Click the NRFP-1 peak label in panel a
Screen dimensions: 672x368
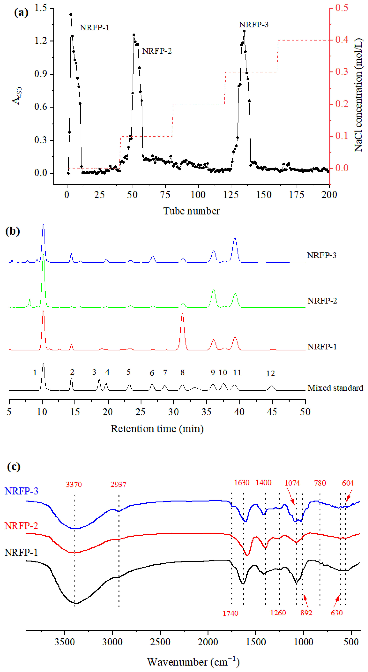pos(94,27)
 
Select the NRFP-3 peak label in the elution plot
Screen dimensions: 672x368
pos(254,25)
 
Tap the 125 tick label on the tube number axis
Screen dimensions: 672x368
pos(231,195)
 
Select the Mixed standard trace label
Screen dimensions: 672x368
pos(335,388)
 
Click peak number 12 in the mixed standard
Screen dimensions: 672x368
pos(271,374)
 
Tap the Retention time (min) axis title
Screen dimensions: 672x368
pos(157,429)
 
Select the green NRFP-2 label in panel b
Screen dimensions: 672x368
pos(322,301)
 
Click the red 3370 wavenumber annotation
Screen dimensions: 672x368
pos(74,484)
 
